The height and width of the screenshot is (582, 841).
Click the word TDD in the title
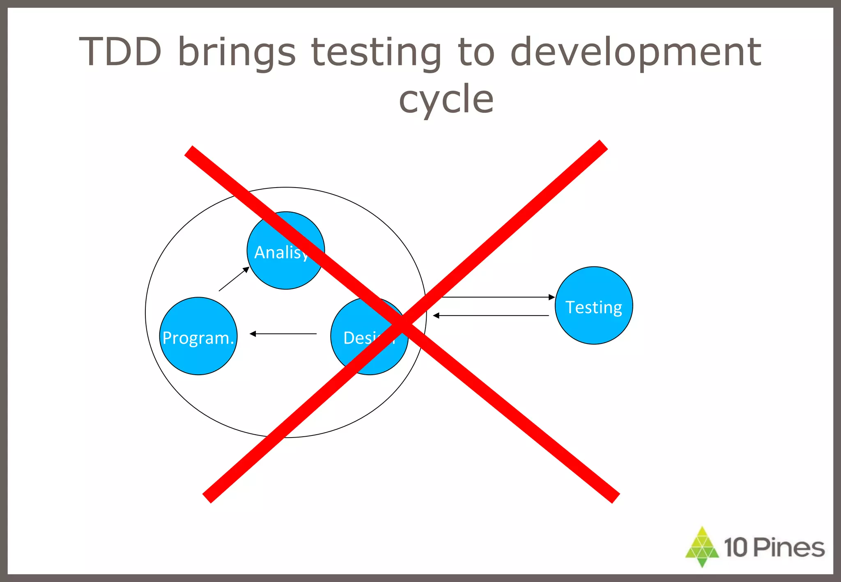click(120, 52)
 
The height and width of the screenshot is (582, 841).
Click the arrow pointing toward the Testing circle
click(497, 297)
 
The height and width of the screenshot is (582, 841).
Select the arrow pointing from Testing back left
click(491, 315)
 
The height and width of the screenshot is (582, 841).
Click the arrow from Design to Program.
click(283, 334)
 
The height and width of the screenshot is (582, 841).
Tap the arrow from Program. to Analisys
click(234, 279)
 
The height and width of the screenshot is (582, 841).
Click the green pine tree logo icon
click(702, 547)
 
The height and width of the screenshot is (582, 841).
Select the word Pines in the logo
click(789, 548)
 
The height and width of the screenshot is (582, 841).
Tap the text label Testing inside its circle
click(594, 307)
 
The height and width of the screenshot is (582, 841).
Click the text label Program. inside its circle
click(198, 338)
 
